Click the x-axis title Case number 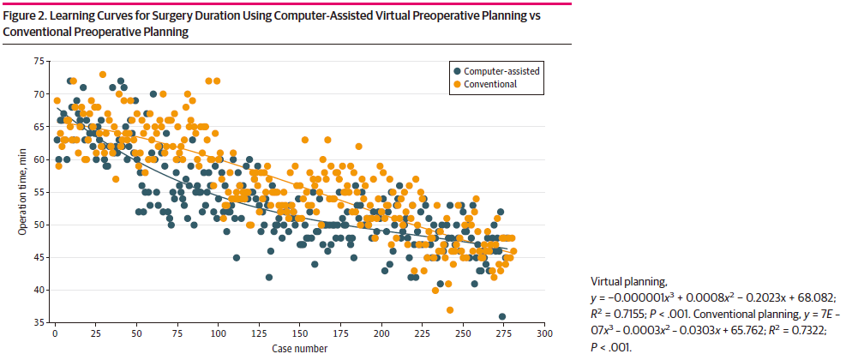[x=299, y=348]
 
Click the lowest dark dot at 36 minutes [x=502, y=316]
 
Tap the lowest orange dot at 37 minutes [x=450, y=309]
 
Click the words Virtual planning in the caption [x=625, y=280]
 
